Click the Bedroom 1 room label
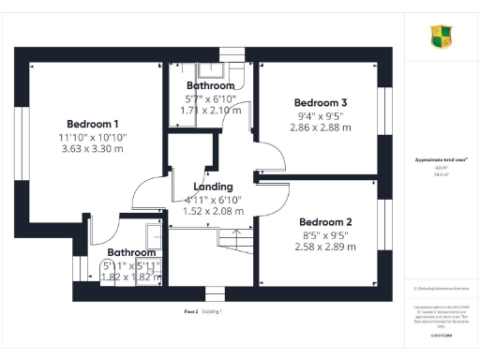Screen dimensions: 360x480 tap(92, 124)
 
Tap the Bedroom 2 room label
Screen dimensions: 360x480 tap(322, 222)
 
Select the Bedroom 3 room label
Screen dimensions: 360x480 tap(321, 102)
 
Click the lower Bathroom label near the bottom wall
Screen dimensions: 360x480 tap(131, 252)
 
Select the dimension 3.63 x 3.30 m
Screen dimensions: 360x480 tap(92, 149)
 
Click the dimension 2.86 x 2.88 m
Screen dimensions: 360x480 tap(321, 127)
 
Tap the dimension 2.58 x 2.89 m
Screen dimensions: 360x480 tap(322, 247)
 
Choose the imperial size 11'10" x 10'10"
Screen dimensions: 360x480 tap(92, 137)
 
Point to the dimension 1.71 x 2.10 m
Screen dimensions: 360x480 tap(210, 110)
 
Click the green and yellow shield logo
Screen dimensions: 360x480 tap(442, 37)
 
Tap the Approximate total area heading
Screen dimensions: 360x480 tap(442, 161)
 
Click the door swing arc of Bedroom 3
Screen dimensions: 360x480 tap(267, 154)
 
